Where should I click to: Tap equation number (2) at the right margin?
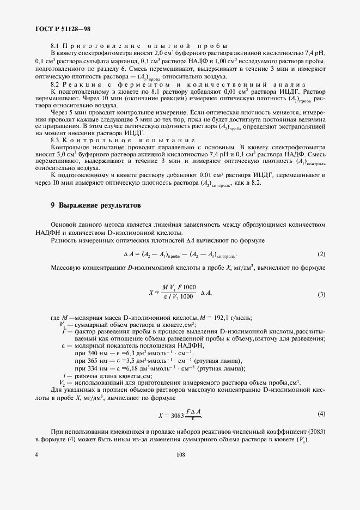tap(321, 254)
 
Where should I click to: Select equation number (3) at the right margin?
tap(321, 294)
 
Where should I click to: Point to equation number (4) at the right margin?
tap(321, 414)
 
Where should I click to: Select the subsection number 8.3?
tap(54, 140)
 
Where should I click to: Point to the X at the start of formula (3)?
tap(150, 293)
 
